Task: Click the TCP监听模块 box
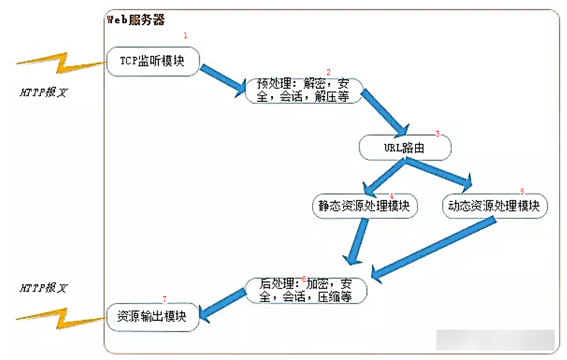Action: point(152,61)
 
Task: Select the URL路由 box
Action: point(404,148)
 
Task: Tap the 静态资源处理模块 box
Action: point(364,206)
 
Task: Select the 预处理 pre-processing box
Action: point(303,90)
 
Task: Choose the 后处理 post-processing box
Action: point(306,290)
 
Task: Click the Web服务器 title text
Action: point(136,19)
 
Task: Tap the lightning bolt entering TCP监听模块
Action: point(62,64)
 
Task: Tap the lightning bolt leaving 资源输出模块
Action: point(62,319)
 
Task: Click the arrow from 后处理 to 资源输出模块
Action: point(222,306)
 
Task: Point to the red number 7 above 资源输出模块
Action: point(165,300)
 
